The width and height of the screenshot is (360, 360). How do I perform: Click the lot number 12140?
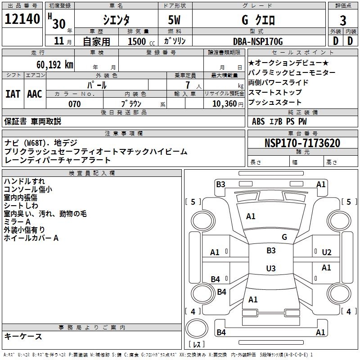click(22, 19)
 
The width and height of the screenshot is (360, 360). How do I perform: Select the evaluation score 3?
click(343, 20)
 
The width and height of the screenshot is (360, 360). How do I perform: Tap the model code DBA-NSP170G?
click(258, 41)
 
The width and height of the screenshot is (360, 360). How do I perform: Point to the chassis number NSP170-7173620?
click(302, 143)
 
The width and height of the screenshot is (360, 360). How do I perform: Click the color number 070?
click(74, 104)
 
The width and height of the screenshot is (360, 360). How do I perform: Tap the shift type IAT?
click(13, 94)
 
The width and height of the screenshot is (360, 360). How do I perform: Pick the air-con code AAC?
click(35, 94)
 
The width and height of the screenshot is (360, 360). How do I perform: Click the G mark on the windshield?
click(284, 237)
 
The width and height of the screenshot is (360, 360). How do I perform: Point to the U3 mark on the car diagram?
click(270, 269)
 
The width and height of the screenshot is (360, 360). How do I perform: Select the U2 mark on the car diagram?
click(327, 252)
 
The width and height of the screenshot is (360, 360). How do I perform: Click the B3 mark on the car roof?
click(270, 251)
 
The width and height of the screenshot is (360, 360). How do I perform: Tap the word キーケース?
click(23, 336)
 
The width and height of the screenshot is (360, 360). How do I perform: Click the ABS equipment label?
click(258, 121)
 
